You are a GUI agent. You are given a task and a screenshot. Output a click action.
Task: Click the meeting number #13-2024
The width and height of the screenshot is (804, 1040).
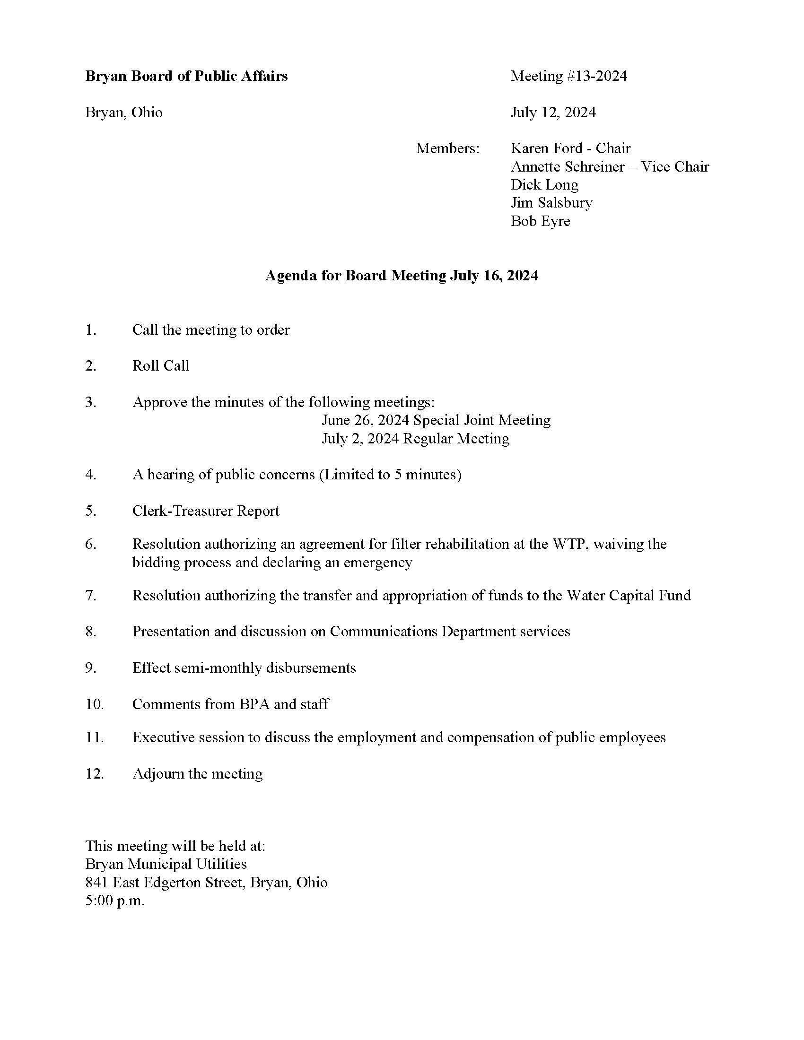[596, 76]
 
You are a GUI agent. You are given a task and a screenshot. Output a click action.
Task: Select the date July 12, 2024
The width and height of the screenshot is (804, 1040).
[553, 113]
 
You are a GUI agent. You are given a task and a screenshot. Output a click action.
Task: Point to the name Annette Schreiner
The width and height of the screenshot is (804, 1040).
[567, 167]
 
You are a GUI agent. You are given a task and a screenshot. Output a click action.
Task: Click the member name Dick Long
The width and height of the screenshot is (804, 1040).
[544, 185]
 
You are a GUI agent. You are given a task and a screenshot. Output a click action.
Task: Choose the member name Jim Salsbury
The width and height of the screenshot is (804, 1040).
[551, 203]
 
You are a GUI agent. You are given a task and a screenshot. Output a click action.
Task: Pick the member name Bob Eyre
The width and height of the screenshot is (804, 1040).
[540, 221]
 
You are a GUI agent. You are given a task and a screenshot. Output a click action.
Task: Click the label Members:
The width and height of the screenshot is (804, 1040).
[448, 148]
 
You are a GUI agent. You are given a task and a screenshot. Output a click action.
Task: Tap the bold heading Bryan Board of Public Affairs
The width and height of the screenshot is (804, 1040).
[186, 76]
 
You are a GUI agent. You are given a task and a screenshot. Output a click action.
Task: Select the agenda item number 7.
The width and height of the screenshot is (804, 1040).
[90, 596]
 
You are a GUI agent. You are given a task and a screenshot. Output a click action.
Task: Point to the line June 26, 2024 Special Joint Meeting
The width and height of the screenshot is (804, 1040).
[436, 420]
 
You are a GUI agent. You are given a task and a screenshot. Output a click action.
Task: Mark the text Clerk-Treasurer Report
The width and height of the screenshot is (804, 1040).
[206, 511]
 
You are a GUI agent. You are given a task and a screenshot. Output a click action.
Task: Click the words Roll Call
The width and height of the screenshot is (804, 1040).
[160, 366]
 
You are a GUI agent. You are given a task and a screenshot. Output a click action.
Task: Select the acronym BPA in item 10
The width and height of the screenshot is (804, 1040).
[254, 704]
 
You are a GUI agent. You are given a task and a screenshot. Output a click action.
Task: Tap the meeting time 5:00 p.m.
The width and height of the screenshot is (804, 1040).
[115, 901]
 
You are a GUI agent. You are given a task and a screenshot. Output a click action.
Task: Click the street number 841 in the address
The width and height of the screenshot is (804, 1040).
[96, 883]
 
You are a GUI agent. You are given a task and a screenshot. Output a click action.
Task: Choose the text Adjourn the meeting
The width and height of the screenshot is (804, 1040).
[197, 774]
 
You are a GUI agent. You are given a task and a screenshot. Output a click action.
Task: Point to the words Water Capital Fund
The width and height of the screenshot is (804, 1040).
[628, 596]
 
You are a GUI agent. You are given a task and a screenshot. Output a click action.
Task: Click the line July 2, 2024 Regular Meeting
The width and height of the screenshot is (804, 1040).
[415, 439]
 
